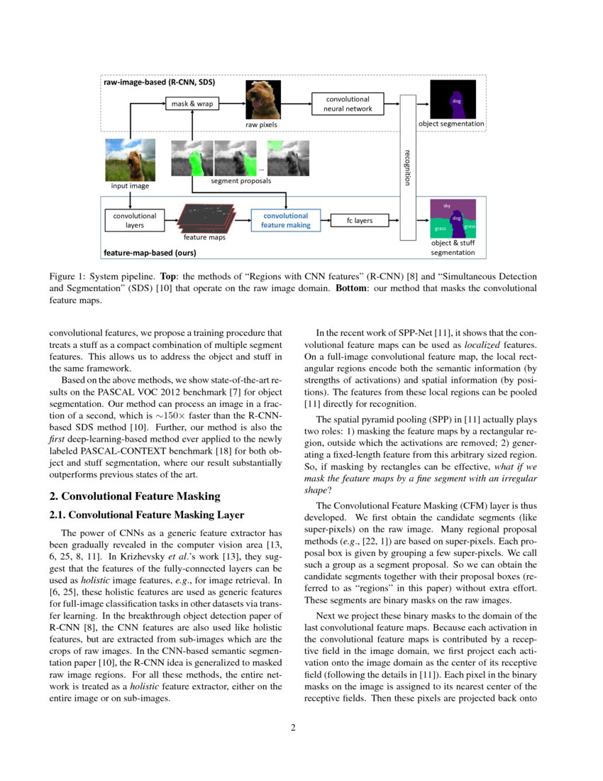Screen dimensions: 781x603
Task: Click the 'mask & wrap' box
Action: [x=192, y=104]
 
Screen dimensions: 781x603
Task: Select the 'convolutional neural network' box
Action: [x=348, y=104]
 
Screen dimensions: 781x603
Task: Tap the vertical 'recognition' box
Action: [x=407, y=166]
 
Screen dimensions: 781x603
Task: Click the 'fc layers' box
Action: [x=359, y=220]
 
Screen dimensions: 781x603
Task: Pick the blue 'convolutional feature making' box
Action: [x=285, y=220]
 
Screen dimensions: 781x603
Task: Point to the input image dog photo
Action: [x=130, y=160]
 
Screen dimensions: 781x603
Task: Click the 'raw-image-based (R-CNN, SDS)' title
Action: [x=159, y=83]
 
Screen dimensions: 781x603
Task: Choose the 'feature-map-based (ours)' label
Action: [x=150, y=252]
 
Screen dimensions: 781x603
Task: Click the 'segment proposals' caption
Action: [x=238, y=182]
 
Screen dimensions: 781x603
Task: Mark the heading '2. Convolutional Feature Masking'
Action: [x=135, y=496]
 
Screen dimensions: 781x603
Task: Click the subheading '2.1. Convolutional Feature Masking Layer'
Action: [x=146, y=515]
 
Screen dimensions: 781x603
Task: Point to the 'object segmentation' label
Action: [x=451, y=124]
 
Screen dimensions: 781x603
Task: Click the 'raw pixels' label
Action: [x=261, y=124]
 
